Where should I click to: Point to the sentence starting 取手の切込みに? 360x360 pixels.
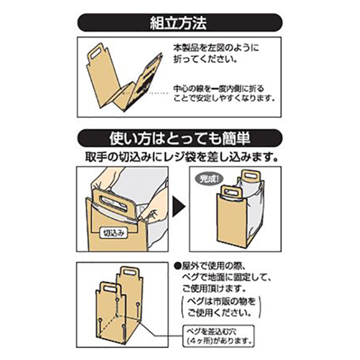(181, 158)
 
